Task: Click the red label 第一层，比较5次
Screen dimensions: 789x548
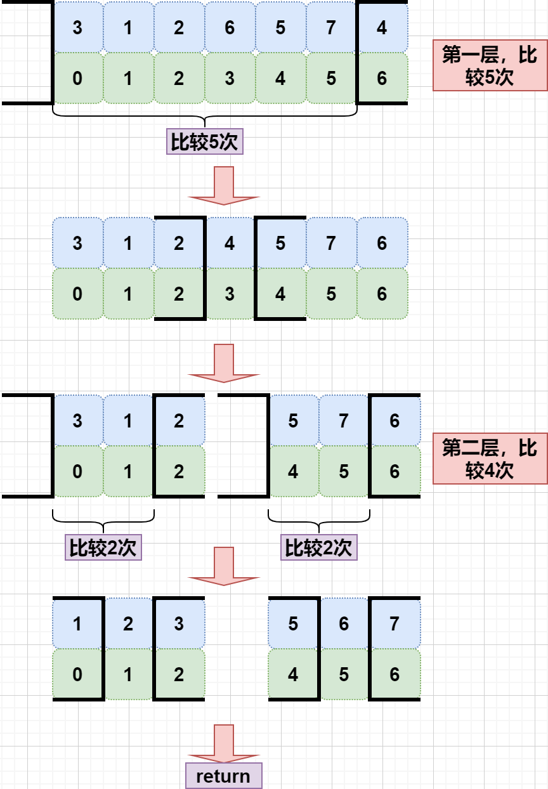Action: (x=490, y=65)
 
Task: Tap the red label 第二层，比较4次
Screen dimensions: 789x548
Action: (x=490, y=459)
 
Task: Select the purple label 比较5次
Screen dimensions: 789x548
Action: (x=204, y=142)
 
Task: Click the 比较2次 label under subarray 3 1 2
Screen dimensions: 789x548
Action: (x=103, y=548)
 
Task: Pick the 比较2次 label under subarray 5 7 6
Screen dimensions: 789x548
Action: (x=318, y=548)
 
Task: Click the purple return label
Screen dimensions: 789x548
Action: (x=223, y=776)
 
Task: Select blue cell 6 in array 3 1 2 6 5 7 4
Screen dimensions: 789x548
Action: (x=230, y=28)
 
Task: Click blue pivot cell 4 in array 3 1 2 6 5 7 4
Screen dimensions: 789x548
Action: (x=382, y=28)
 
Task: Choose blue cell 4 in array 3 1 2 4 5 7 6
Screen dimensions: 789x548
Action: (x=230, y=244)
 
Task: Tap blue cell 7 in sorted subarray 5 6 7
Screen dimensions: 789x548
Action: (x=395, y=624)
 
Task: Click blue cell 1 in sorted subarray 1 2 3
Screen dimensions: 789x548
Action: (x=77, y=624)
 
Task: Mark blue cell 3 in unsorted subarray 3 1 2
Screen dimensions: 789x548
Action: (x=77, y=421)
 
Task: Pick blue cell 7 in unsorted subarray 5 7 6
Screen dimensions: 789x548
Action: (x=344, y=421)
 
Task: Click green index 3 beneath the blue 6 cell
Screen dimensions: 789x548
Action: (x=230, y=79)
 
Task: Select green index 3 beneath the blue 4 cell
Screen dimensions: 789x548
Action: (x=230, y=294)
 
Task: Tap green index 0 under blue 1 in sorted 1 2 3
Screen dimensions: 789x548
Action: (x=77, y=675)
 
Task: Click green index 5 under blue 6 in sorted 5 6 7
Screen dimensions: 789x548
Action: (x=344, y=675)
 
